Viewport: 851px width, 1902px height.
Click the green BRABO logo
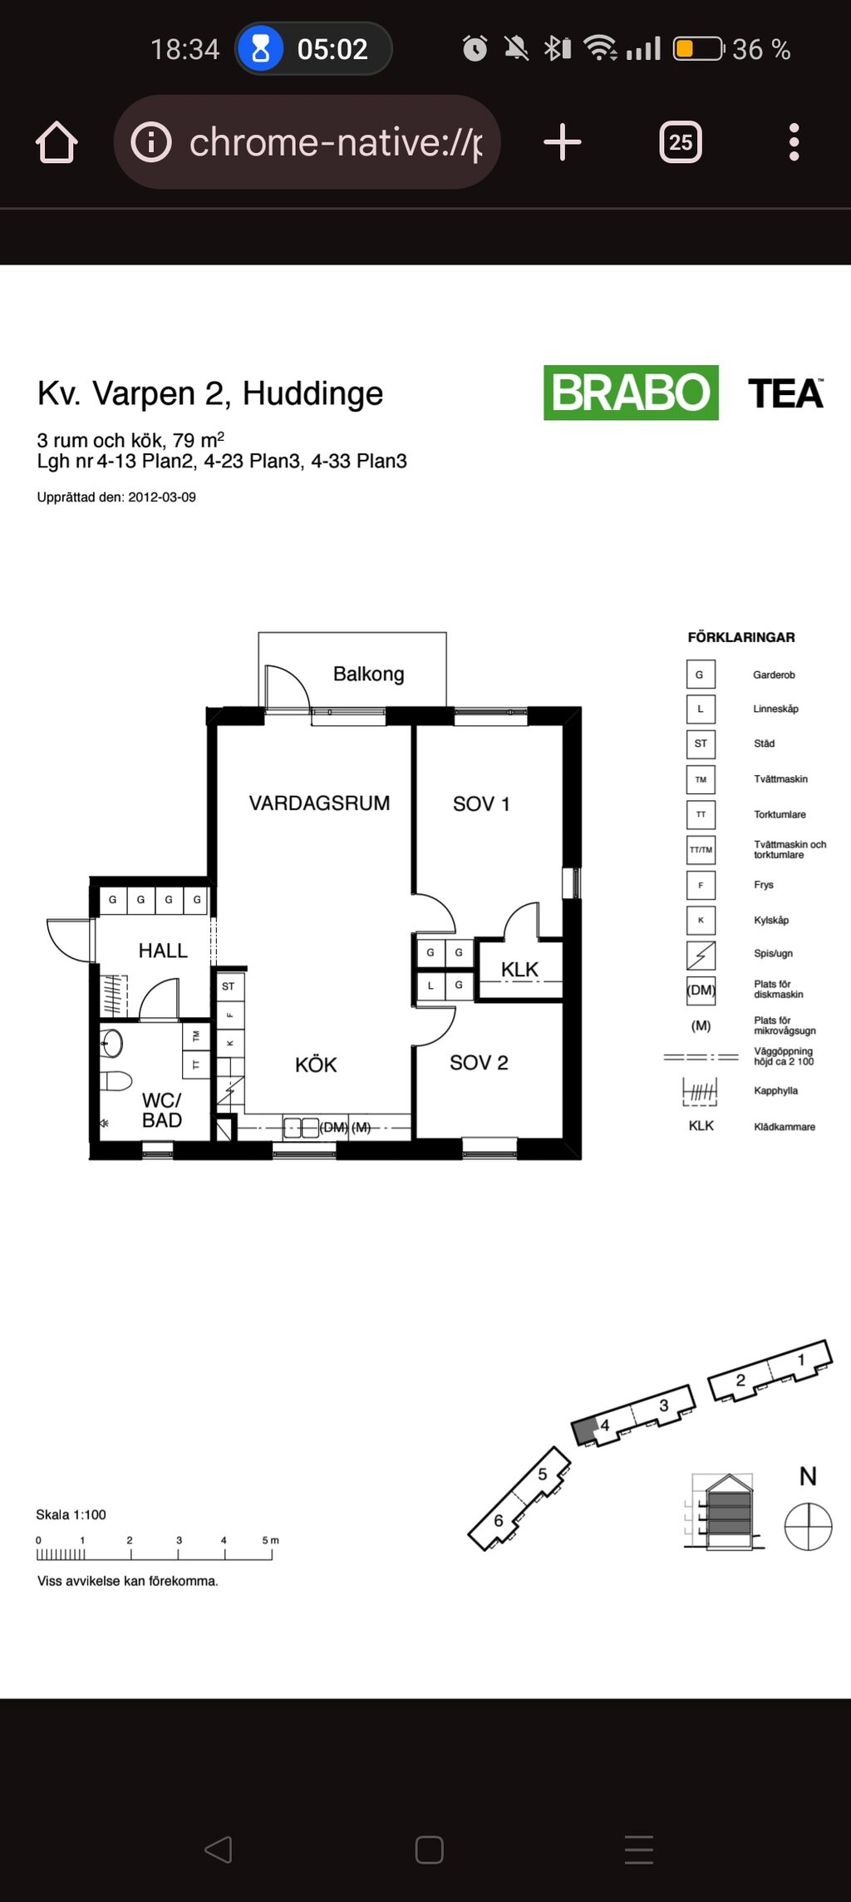(x=631, y=393)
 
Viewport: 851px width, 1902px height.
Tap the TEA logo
(x=785, y=393)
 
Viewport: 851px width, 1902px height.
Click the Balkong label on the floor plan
(x=369, y=674)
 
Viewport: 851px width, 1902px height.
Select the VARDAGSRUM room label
(x=319, y=803)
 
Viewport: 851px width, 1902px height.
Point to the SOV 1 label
(x=481, y=804)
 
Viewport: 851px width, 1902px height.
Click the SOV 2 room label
(x=479, y=1063)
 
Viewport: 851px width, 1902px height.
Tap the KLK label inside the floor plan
(x=519, y=970)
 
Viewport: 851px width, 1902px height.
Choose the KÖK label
(x=316, y=1065)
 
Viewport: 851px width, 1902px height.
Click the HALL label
(x=163, y=951)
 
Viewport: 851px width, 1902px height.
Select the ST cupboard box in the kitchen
(x=229, y=986)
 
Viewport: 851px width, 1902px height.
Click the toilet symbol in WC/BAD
(x=116, y=1081)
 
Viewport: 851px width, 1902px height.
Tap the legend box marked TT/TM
(x=701, y=850)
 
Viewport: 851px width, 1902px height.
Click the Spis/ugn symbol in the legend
(x=701, y=955)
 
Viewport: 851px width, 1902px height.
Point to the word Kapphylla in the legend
(x=775, y=1091)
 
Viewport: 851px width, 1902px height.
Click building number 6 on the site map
(x=499, y=1520)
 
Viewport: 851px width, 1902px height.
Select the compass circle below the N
(x=808, y=1526)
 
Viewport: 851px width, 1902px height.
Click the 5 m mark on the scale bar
(x=271, y=1540)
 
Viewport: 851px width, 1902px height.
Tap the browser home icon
(x=57, y=142)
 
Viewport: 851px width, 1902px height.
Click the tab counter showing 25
(x=681, y=142)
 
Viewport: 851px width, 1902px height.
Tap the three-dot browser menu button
(x=794, y=142)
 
